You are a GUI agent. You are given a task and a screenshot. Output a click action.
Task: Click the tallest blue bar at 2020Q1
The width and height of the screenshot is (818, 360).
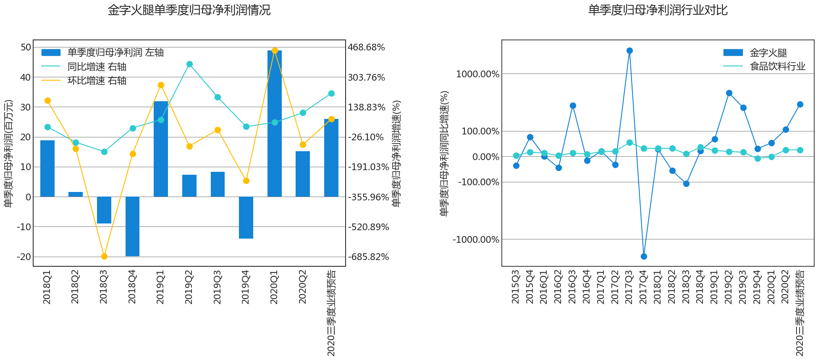pyautogui.click(x=274, y=124)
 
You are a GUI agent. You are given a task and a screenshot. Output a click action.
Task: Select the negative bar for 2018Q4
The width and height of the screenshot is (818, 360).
pyautogui.click(x=132, y=226)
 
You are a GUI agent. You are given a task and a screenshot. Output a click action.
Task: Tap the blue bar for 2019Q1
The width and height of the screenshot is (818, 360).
pyautogui.click(x=161, y=149)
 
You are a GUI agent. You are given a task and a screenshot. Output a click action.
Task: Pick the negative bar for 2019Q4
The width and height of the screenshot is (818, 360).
pyautogui.click(x=246, y=217)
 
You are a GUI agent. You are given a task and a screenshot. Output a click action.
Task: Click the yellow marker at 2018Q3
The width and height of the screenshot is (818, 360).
pyautogui.click(x=104, y=256)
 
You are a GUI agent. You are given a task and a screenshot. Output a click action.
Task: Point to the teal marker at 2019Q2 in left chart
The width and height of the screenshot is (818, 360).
pyautogui.click(x=189, y=64)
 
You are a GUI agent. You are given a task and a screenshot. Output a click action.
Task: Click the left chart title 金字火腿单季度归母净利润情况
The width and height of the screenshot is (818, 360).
pyautogui.click(x=189, y=10)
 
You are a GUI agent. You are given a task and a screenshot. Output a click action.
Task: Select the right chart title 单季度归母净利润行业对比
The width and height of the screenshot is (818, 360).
pyautogui.click(x=658, y=10)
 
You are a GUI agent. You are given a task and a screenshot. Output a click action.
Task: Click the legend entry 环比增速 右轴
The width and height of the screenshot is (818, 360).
pyautogui.click(x=97, y=81)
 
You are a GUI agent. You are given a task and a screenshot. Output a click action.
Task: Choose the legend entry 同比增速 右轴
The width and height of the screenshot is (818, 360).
pyautogui.click(x=97, y=67)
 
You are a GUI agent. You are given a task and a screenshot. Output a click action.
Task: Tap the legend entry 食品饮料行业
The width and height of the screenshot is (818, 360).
pyautogui.click(x=777, y=66)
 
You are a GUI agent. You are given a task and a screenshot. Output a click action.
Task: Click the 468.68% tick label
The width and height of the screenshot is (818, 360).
pyautogui.click(x=366, y=47)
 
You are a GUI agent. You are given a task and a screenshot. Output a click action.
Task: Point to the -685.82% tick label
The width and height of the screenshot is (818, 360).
pyautogui.click(x=368, y=257)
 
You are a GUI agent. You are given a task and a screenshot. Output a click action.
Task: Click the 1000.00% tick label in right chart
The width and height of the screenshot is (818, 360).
pyautogui.click(x=477, y=74)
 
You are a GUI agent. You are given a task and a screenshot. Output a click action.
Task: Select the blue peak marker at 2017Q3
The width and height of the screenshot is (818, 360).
pyautogui.click(x=629, y=51)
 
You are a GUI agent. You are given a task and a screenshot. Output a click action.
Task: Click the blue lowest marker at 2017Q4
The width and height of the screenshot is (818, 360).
pyautogui.click(x=644, y=256)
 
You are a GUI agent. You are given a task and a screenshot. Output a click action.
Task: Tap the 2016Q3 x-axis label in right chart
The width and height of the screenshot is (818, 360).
pyautogui.click(x=572, y=287)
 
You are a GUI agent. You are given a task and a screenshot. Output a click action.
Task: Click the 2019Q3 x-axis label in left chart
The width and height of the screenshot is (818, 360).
pyautogui.click(x=218, y=287)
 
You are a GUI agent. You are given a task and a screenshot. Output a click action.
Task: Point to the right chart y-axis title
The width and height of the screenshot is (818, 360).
pyautogui.click(x=444, y=153)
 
